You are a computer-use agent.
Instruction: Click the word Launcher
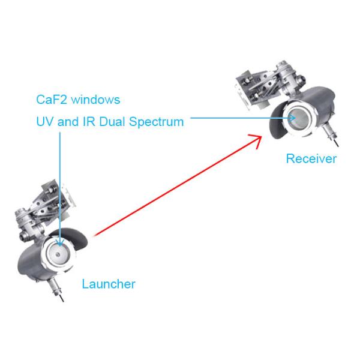click(109, 284)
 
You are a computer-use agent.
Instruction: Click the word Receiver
click(311, 159)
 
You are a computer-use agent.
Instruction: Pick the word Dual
click(113, 122)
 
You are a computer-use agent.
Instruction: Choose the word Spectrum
click(157, 122)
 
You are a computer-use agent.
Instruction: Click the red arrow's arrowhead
click(257, 140)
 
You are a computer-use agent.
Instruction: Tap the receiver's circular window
click(298, 118)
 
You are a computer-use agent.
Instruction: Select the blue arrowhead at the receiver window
click(292, 118)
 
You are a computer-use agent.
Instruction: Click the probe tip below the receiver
click(339, 145)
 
